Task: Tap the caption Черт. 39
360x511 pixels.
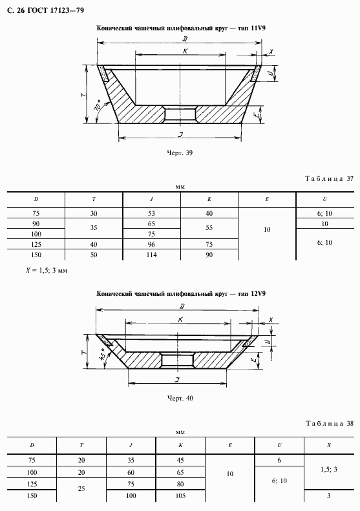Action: [180, 153]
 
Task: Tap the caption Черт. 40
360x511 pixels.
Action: [180, 398]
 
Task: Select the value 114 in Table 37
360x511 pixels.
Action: [151, 255]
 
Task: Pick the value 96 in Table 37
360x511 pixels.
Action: [151, 244]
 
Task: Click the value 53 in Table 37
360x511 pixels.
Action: [151, 213]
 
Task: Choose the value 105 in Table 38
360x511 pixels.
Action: [180, 495]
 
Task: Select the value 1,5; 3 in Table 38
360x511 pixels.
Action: [329, 469]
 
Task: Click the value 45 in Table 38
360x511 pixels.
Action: [180, 460]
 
